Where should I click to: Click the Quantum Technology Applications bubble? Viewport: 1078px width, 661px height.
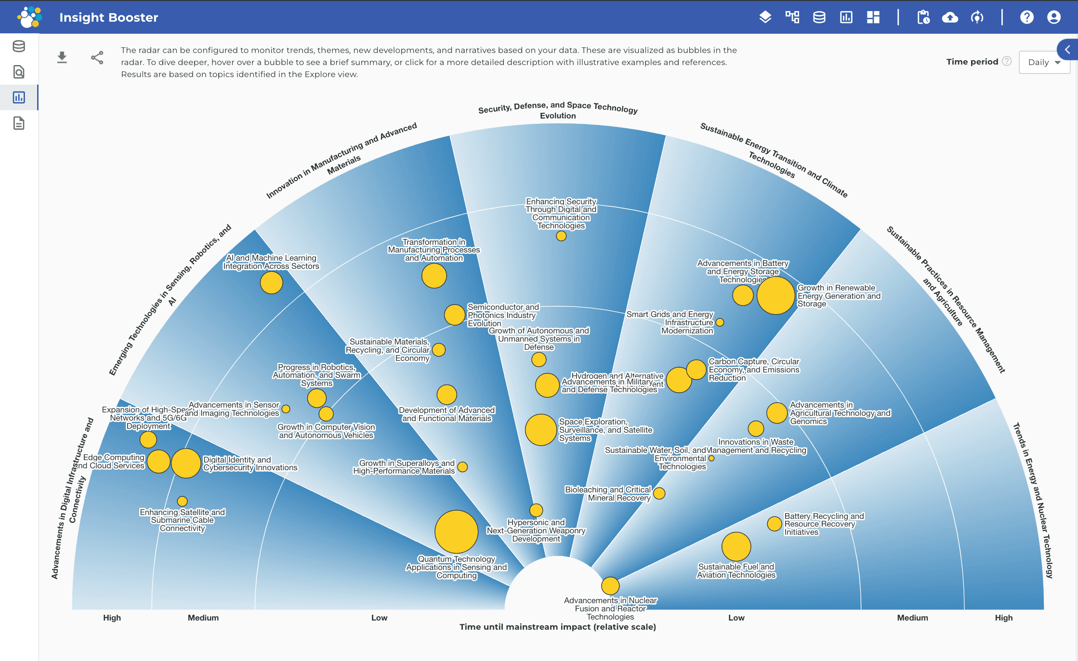click(456, 531)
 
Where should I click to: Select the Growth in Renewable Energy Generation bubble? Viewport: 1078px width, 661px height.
click(776, 295)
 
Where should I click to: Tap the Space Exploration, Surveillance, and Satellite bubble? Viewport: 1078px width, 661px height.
click(540, 430)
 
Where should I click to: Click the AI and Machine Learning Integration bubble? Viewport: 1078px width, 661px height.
click(271, 283)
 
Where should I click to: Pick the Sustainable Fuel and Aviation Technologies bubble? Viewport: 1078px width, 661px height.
click(736, 547)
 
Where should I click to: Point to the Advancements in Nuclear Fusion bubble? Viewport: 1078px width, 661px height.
click(610, 586)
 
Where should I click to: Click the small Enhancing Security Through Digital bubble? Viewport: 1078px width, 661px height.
click(561, 236)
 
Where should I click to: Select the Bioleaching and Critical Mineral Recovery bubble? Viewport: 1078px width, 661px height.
click(659, 493)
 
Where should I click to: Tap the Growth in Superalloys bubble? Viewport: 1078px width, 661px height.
click(462, 467)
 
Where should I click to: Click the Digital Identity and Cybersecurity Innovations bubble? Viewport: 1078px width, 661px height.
click(186, 463)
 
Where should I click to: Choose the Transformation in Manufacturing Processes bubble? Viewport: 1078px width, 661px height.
click(434, 276)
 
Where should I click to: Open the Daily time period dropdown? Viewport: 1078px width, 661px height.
click(1044, 62)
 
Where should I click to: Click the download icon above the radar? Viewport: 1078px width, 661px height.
click(62, 58)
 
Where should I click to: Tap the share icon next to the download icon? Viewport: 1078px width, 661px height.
click(97, 58)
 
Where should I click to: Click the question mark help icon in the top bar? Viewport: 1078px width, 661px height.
click(1026, 17)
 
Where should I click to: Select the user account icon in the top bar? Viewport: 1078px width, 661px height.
click(1053, 17)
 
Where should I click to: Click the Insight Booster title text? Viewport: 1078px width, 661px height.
click(108, 17)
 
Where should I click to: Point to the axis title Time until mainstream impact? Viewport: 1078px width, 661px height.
click(557, 627)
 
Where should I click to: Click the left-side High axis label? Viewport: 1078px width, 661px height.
click(112, 618)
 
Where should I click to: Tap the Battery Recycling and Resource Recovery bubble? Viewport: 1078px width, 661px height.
click(775, 524)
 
